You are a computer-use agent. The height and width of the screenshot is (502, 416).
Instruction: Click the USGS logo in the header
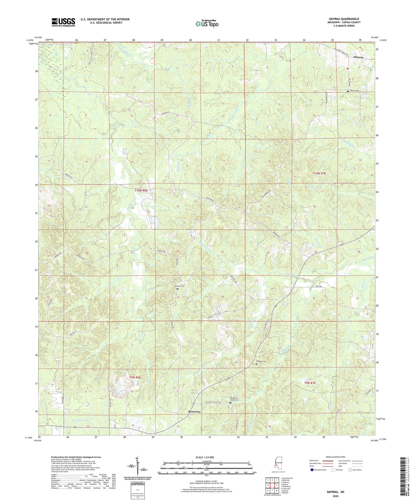tap(63, 22)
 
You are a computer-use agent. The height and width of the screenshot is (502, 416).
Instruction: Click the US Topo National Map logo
tap(207, 24)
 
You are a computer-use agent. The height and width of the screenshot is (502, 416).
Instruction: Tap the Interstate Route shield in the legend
tap(312, 470)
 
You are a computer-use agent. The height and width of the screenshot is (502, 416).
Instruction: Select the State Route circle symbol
tap(350, 470)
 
